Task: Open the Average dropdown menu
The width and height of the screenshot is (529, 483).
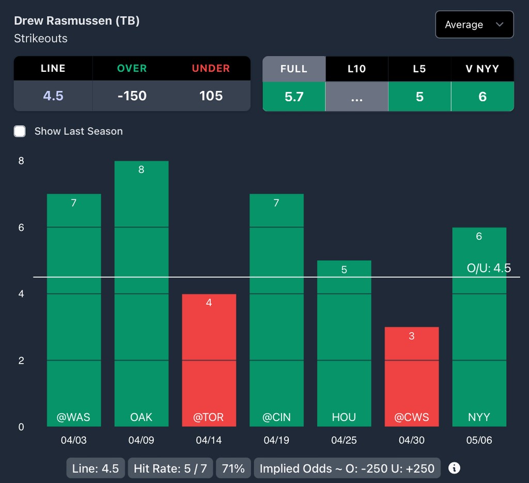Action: (x=474, y=25)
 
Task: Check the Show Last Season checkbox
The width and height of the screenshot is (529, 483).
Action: (x=20, y=131)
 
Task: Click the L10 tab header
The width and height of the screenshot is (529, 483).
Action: (x=356, y=69)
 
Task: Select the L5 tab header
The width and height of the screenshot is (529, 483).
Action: (x=419, y=69)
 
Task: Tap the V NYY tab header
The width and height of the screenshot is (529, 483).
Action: (x=482, y=69)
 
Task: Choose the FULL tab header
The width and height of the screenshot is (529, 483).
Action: (x=294, y=69)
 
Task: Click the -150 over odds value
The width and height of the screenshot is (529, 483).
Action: (x=132, y=96)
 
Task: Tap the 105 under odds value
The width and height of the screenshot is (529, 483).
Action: (x=211, y=96)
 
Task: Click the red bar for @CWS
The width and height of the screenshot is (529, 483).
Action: (x=412, y=377)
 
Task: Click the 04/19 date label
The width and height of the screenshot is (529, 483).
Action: (x=276, y=441)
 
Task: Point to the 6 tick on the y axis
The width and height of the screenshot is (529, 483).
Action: (x=21, y=227)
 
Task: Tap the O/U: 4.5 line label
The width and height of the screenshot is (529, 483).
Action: (x=488, y=268)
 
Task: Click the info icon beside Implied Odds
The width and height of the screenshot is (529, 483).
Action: (x=454, y=469)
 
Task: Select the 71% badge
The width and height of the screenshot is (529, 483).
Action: (x=233, y=469)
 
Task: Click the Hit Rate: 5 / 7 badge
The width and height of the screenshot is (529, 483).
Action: (x=170, y=469)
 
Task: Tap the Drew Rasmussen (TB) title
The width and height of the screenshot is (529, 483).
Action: (x=76, y=21)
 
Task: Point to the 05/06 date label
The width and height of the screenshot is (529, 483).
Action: (x=479, y=441)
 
